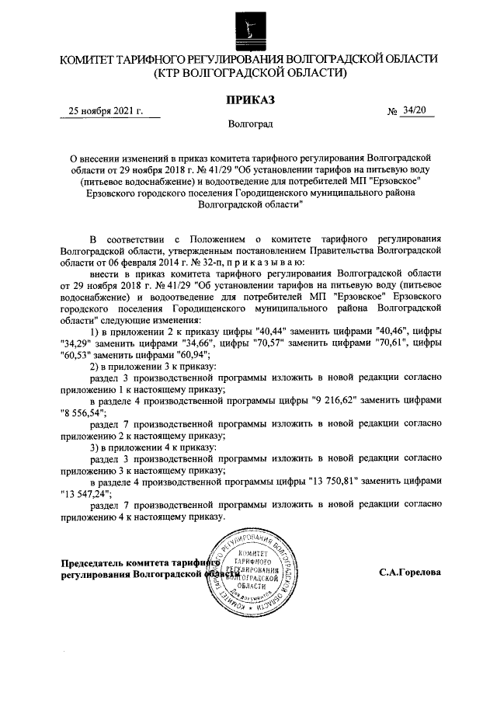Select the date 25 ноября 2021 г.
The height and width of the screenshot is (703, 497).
click(x=106, y=111)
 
